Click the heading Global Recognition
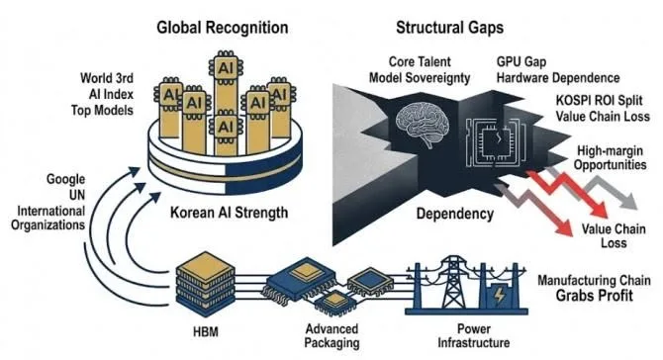tap(223, 28)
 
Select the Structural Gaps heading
tap(450, 28)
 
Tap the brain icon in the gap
tap(423, 125)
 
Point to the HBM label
tap(206, 332)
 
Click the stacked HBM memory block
tap(206, 284)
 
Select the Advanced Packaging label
tap(331, 336)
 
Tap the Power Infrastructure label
tap(474, 335)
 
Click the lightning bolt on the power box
tap(500, 295)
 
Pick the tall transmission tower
tap(453, 282)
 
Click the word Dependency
tap(455, 214)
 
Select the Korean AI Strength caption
tap(229, 212)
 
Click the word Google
tap(65, 180)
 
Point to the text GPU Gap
tap(521, 62)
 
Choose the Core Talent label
tap(420, 62)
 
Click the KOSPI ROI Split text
tap(599, 101)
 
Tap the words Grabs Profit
tap(594, 296)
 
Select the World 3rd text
tap(107, 78)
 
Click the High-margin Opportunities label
tap(611, 158)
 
